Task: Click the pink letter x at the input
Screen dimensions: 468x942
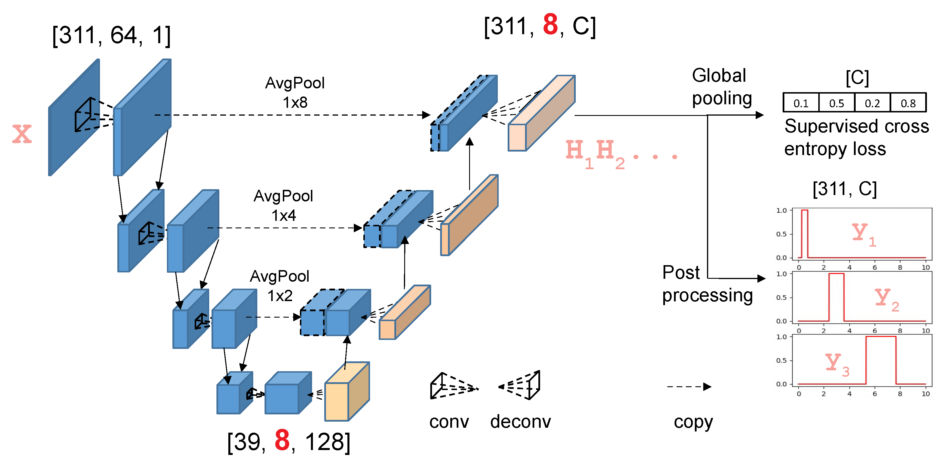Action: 22,134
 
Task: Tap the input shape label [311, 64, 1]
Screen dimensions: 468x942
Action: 111,36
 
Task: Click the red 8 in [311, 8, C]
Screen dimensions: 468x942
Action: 550,25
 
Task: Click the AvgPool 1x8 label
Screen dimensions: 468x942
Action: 295,92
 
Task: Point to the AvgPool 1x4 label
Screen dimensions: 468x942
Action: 283,205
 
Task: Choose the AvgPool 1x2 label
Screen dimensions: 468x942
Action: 280,285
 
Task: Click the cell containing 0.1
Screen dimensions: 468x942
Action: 801,103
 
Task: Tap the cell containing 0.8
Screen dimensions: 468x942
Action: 908,103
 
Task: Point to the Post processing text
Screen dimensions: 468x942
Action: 707,284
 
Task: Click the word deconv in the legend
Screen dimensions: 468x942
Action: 520,422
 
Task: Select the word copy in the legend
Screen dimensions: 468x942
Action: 693,422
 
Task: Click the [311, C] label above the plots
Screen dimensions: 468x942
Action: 844,189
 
